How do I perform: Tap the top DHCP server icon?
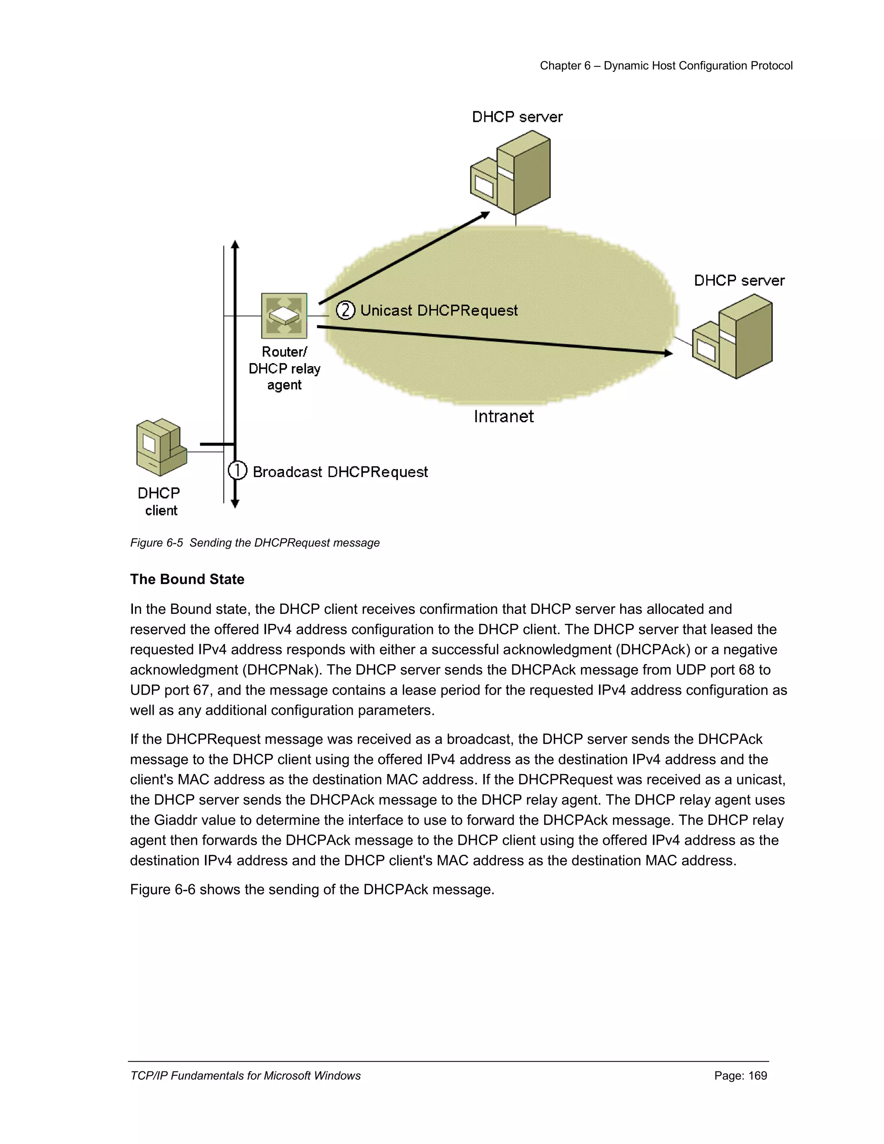511,172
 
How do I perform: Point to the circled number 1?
238,471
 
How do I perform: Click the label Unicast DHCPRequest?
439,311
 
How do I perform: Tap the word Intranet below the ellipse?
503,417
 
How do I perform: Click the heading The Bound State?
187,579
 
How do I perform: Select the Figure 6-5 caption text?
255,543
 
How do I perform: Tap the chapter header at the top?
666,66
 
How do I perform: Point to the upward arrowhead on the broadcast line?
235,244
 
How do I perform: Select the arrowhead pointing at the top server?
486,214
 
